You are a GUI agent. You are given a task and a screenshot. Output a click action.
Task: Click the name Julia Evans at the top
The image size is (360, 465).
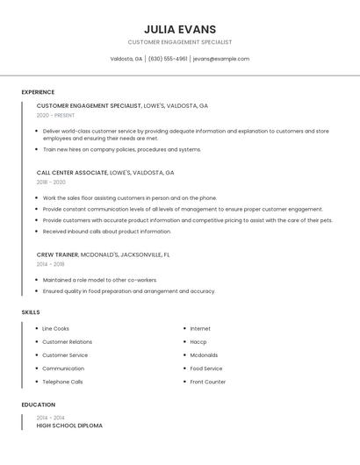[179, 29]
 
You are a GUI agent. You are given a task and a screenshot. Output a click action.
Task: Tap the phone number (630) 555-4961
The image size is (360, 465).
[167, 59]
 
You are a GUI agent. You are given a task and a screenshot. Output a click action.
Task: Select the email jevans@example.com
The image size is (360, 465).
[221, 59]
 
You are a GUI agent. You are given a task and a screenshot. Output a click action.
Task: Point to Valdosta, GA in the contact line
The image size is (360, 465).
[126, 59]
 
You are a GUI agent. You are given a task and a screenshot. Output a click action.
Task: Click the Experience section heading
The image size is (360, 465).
[38, 92]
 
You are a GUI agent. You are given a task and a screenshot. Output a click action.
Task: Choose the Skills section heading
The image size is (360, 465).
[31, 312]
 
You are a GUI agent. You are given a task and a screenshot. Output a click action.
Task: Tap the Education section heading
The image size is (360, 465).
[39, 404]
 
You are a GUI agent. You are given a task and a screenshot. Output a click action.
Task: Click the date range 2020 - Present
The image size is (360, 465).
[55, 115]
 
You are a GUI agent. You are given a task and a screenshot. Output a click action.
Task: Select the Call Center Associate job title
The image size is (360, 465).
[72, 173]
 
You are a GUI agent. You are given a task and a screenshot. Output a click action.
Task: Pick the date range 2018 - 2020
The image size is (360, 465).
[51, 182]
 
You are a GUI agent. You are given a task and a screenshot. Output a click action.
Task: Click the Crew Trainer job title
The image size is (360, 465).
[56, 254]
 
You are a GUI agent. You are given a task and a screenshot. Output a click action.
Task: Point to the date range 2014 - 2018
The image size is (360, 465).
[50, 264]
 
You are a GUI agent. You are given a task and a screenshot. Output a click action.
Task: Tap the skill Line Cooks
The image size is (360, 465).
[55, 329]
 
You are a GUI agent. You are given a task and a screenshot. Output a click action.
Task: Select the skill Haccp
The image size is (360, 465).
[198, 342]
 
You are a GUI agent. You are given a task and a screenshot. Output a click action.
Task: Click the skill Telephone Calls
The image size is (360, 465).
[62, 382]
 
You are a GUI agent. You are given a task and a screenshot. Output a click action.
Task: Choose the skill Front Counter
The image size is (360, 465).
[207, 382]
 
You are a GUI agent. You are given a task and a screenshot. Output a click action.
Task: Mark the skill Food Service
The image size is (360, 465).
[206, 368]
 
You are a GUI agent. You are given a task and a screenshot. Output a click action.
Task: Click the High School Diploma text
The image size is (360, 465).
[69, 426]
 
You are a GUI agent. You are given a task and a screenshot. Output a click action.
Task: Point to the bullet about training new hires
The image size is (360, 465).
[122, 149]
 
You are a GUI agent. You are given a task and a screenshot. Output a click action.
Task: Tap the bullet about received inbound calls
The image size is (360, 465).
[106, 232]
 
